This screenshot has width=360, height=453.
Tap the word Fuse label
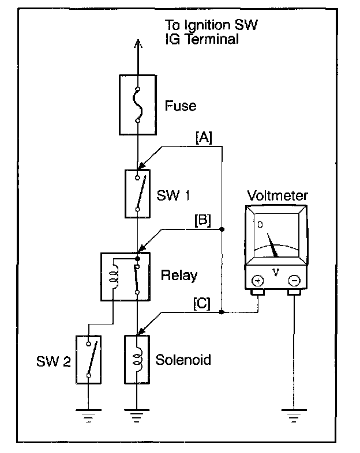(181, 105)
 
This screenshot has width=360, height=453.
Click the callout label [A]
(204, 138)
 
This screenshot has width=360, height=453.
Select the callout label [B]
(202, 220)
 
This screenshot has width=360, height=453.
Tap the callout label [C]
(202, 303)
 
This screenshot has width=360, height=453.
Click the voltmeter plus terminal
(258, 281)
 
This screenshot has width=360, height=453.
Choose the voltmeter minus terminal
(294, 281)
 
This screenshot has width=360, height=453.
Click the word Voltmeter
(277, 195)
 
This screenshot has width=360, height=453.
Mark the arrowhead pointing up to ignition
(138, 43)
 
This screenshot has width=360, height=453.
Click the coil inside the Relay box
(113, 277)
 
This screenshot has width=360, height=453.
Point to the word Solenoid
(183, 360)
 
